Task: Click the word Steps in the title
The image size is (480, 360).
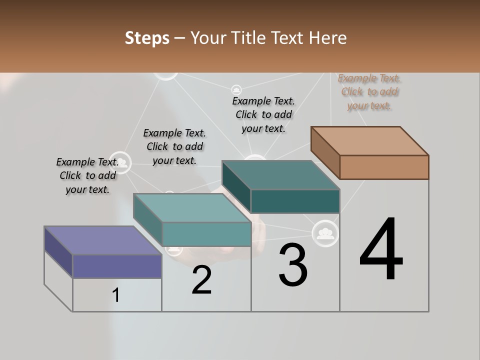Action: pos(147,38)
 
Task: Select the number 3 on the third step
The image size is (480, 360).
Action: pos(293,264)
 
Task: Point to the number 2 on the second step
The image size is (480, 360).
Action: pos(201,280)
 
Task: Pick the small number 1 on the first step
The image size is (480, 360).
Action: pos(116,295)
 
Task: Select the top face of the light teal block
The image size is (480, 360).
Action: pos(192,208)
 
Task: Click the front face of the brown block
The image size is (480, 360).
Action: pos(384,167)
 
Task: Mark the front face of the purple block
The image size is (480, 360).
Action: pos(117,266)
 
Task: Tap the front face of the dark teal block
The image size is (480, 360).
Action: pos(295,201)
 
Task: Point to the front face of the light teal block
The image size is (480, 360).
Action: pos(206,234)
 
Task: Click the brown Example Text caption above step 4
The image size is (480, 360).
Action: pos(369,92)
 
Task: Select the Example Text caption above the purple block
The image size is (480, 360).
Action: pos(87,175)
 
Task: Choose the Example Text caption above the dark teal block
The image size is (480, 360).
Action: pos(263,114)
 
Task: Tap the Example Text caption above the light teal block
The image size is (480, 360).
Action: pos(174,146)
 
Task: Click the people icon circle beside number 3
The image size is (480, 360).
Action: pos(325,232)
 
